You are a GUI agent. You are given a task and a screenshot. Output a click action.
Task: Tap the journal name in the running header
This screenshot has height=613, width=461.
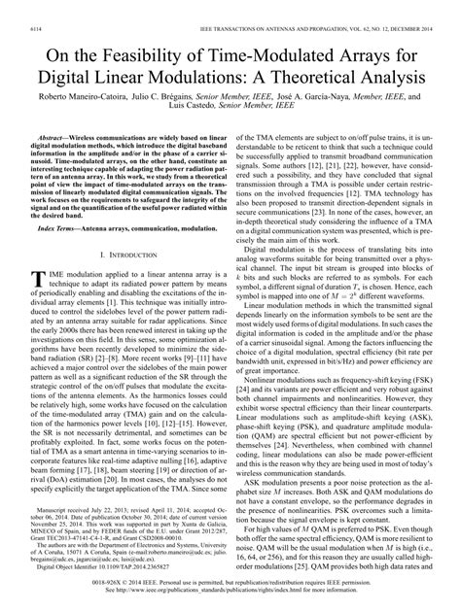[x=282, y=7]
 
